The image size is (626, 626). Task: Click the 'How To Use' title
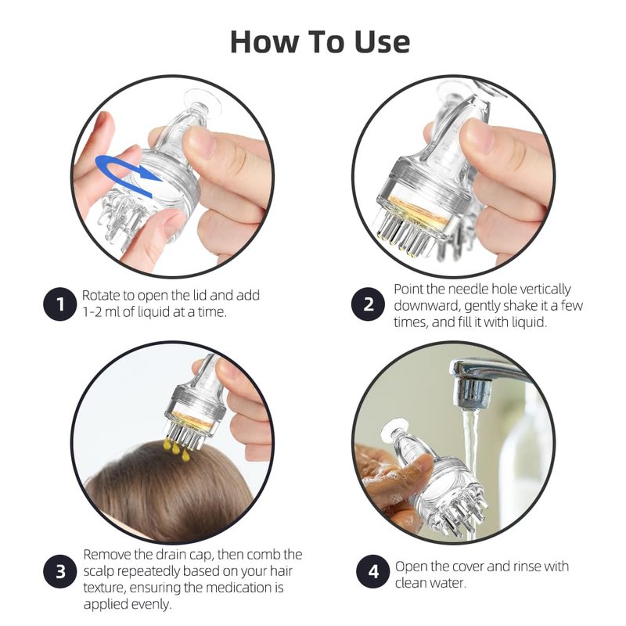point(320,41)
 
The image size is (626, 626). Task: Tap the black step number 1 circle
point(59,304)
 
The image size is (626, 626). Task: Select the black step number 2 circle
point(368,304)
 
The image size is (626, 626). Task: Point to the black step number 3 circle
point(59,572)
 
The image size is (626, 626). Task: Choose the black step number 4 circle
point(373,572)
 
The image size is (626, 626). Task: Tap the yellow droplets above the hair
point(176,449)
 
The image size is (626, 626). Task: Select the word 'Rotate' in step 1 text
point(102,296)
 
